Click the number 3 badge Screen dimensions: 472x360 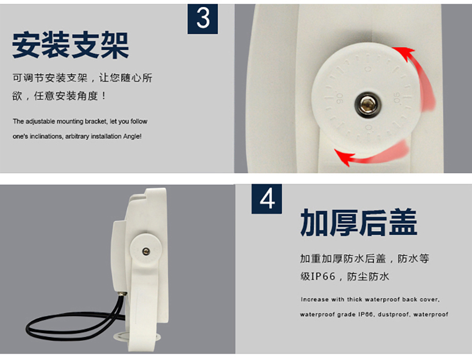pyautogui.click(x=203, y=19)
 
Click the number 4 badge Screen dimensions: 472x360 pyautogui.click(x=267, y=199)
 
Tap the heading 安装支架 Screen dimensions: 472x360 pyautogui.click(x=71, y=45)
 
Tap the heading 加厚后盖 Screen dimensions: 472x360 pyautogui.click(x=358, y=222)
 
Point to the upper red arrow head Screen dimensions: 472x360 pyautogui.click(x=403, y=53)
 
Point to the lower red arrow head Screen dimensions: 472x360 pyautogui.click(x=344, y=157)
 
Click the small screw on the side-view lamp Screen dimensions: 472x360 pyautogui.click(x=146, y=251)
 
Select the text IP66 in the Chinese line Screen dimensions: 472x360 pyautogui.click(x=323, y=276)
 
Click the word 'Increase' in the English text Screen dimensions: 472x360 pyautogui.click(x=314, y=299)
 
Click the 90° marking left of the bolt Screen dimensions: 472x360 pyautogui.click(x=340, y=98)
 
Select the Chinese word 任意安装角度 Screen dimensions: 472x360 pyautogui.click(x=65, y=96)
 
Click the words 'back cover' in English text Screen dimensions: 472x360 pyautogui.click(x=419, y=299)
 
